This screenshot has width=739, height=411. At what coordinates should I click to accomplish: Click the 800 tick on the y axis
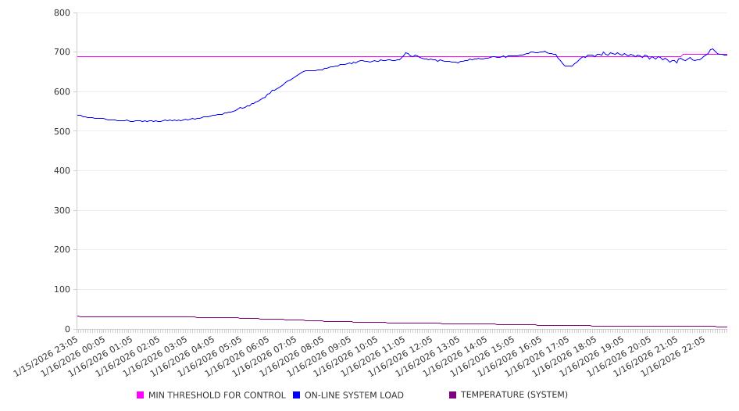62,13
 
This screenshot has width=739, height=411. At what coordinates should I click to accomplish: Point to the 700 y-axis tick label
62,52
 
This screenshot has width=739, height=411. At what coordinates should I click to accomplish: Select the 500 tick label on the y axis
62,131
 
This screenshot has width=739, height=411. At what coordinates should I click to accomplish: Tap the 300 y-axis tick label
62,210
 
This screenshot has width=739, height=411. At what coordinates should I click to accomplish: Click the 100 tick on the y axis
62,290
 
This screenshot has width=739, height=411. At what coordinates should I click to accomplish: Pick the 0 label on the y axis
68,329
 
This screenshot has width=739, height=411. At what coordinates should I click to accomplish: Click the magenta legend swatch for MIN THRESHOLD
141,395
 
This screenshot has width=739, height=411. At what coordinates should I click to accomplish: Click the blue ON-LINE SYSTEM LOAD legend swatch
297,395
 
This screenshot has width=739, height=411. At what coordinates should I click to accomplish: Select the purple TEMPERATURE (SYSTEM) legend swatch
453,395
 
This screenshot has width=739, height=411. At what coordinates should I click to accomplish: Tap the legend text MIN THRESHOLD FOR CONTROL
216,395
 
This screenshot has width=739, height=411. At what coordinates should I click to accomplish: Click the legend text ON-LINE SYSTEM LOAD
354,395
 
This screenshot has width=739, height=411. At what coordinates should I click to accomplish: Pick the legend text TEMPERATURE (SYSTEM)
514,395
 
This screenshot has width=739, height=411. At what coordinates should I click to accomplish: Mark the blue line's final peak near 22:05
712,48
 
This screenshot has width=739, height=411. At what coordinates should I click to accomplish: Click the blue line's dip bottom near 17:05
568,66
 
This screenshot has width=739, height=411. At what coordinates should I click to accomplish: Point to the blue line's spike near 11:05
405,52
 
